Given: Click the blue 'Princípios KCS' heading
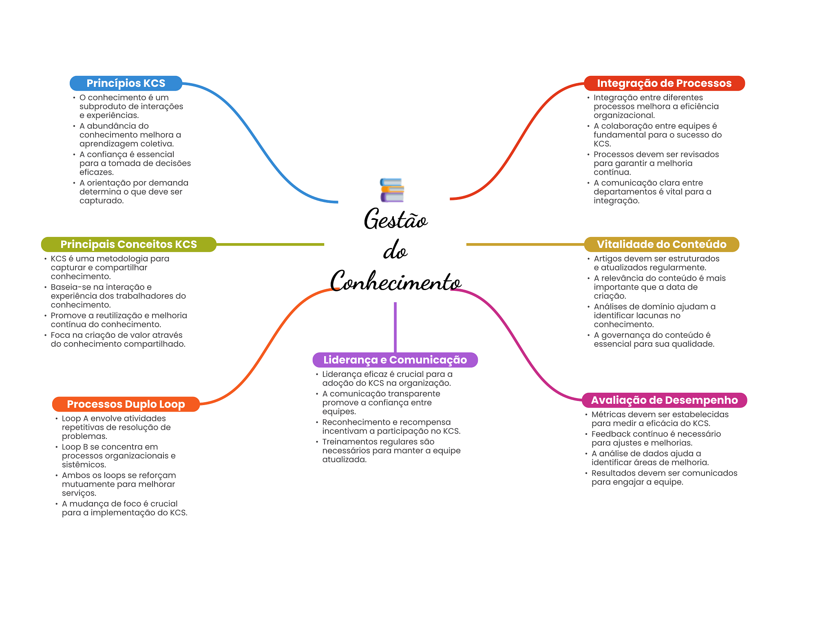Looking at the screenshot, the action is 126,83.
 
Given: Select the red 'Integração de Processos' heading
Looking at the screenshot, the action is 664,83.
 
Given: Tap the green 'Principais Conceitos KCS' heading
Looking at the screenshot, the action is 129,244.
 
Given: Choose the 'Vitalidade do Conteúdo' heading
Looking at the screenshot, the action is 661,244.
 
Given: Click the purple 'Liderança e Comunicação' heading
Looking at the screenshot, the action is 395,360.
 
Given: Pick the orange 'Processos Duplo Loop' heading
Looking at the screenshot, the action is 126,404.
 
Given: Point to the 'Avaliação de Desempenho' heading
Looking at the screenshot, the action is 664,400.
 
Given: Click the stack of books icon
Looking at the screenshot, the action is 392,190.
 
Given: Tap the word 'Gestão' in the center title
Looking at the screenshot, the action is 395,219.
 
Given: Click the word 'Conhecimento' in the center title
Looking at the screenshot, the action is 395,281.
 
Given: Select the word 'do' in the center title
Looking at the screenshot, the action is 395,250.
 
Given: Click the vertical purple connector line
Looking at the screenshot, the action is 395,327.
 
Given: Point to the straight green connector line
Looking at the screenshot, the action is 270,244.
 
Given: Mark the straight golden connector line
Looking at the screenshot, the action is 525,244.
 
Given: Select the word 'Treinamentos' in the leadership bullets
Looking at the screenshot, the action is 348,442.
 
